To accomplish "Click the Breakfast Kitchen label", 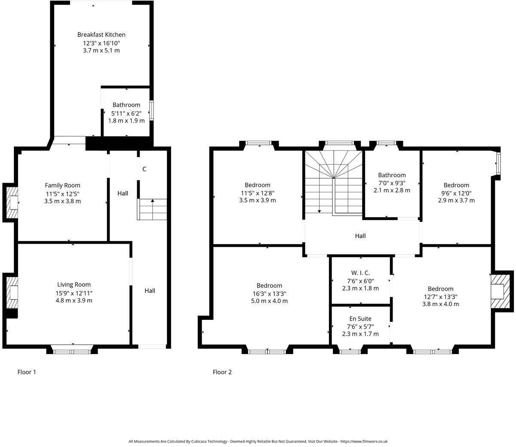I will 101,34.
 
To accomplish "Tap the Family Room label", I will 63,185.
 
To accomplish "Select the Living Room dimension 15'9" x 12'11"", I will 74,293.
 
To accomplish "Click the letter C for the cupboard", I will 144,169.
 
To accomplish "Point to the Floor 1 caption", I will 27,372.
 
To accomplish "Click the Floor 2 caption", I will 222,372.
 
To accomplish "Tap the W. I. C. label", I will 360,273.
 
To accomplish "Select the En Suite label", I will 360,318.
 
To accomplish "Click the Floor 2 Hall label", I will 360,236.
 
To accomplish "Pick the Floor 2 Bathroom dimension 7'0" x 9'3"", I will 392,183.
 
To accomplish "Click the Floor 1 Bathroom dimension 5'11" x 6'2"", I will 126,113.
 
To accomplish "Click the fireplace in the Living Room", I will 12,292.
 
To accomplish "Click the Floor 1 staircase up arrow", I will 152,201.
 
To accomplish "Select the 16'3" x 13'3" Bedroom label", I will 269,285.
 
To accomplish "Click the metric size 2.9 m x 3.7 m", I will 456,200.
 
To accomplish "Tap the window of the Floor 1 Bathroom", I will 151,109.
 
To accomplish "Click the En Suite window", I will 350,352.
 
